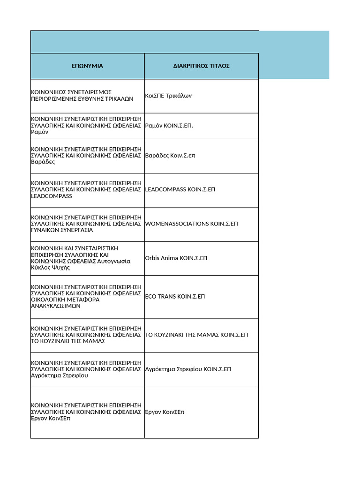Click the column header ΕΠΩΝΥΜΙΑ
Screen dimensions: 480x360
[x=87, y=66]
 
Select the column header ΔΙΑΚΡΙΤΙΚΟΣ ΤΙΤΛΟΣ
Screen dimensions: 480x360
[x=201, y=66]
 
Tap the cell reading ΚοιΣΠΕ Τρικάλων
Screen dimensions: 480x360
[x=169, y=96]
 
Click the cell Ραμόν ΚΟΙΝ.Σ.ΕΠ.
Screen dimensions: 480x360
[x=169, y=126]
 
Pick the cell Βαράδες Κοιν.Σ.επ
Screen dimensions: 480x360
[x=170, y=156]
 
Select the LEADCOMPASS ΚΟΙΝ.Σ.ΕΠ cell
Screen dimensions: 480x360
[x=180, y=190]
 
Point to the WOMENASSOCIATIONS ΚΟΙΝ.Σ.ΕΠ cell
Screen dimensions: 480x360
[x=192, y=224]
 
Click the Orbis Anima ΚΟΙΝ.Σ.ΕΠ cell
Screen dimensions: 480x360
[x=176, y=258]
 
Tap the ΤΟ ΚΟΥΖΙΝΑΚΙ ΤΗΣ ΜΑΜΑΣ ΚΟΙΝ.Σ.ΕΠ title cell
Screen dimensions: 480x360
[x=196, y=335]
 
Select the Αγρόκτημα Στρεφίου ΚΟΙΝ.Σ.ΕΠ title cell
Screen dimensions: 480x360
[x=188, y=369]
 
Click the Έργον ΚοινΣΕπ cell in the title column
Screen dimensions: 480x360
[x=165, y=412]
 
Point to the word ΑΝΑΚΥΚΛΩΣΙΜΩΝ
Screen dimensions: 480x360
[x=56, y=306]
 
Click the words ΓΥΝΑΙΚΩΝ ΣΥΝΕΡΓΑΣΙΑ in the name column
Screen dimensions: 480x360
[x=62, y=230]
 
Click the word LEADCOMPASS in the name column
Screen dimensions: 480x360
[x=52, y=196]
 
